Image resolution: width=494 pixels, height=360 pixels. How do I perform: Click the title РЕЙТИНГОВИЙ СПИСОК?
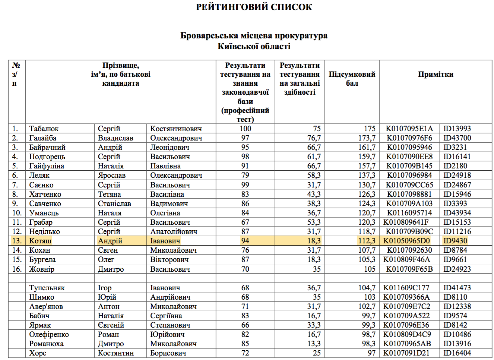(254, 7)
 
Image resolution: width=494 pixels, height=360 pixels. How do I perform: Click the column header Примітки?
(436, 74)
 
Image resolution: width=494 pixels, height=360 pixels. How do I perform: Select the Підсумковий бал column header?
(352, 79)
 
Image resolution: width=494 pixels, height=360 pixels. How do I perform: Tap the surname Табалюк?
(44, 129)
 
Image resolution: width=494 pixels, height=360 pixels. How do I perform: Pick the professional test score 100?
(245, 129)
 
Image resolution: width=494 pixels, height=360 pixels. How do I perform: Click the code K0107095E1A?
(409, 129)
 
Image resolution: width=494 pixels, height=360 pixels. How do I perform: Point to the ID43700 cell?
(457, 138)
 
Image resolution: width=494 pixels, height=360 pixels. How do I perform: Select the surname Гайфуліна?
(47, 166)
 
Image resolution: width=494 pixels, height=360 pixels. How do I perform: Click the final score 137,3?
(367, 175)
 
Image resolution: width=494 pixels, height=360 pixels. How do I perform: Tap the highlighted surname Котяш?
(40, 241)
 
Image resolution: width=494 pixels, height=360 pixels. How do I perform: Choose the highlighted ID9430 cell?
(455, 241)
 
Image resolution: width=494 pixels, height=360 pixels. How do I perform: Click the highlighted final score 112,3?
(367, 241)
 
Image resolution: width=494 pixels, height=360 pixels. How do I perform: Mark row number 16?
(17, 269)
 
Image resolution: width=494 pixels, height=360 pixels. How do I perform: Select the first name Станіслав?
(114, 203)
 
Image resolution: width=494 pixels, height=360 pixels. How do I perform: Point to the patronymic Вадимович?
(169, 203)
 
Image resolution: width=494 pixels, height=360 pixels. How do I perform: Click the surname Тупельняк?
(47, 288)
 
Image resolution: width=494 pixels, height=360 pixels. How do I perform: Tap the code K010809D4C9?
(407, 334)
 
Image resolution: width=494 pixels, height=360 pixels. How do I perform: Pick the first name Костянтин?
(115, 353)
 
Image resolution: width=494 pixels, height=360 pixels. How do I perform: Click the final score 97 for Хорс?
(371, 353)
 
